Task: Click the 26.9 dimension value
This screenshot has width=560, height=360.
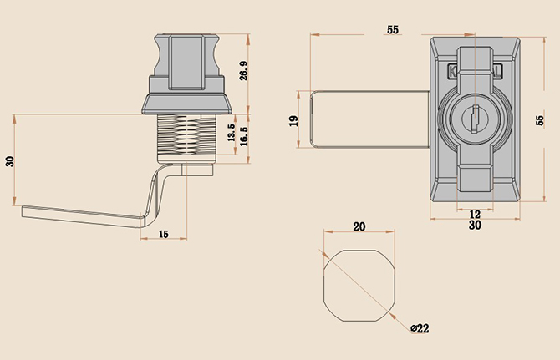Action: coord(244,70)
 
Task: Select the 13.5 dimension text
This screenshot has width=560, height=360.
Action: coord(232,133)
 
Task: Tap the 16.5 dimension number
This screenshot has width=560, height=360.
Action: coord(244,136)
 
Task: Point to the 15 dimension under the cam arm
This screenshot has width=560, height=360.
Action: coord(164,234)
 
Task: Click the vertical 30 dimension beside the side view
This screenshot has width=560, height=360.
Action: coord(10,161)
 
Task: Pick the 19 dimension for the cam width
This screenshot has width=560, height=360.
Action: coord(293,120)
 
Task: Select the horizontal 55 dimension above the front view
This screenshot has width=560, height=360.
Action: coord(393,29)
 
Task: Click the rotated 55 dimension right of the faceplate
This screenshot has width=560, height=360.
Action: coord(540,120)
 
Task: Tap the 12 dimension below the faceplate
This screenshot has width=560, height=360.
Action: coord(475,215)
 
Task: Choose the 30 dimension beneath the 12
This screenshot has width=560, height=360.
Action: coord(475,226)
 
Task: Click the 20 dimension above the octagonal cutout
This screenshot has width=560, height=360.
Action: coord(359,226)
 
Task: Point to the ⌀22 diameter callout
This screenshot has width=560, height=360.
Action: coord(420,328)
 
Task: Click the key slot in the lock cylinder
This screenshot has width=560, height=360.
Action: coord(475,119)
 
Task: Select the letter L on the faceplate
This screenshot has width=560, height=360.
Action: coord(498,70)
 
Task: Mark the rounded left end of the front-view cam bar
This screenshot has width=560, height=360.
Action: coord(312,119)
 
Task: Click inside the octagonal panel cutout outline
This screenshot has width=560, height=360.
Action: coord(359,286)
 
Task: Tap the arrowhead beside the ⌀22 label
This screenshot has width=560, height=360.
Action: coord(393,317)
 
